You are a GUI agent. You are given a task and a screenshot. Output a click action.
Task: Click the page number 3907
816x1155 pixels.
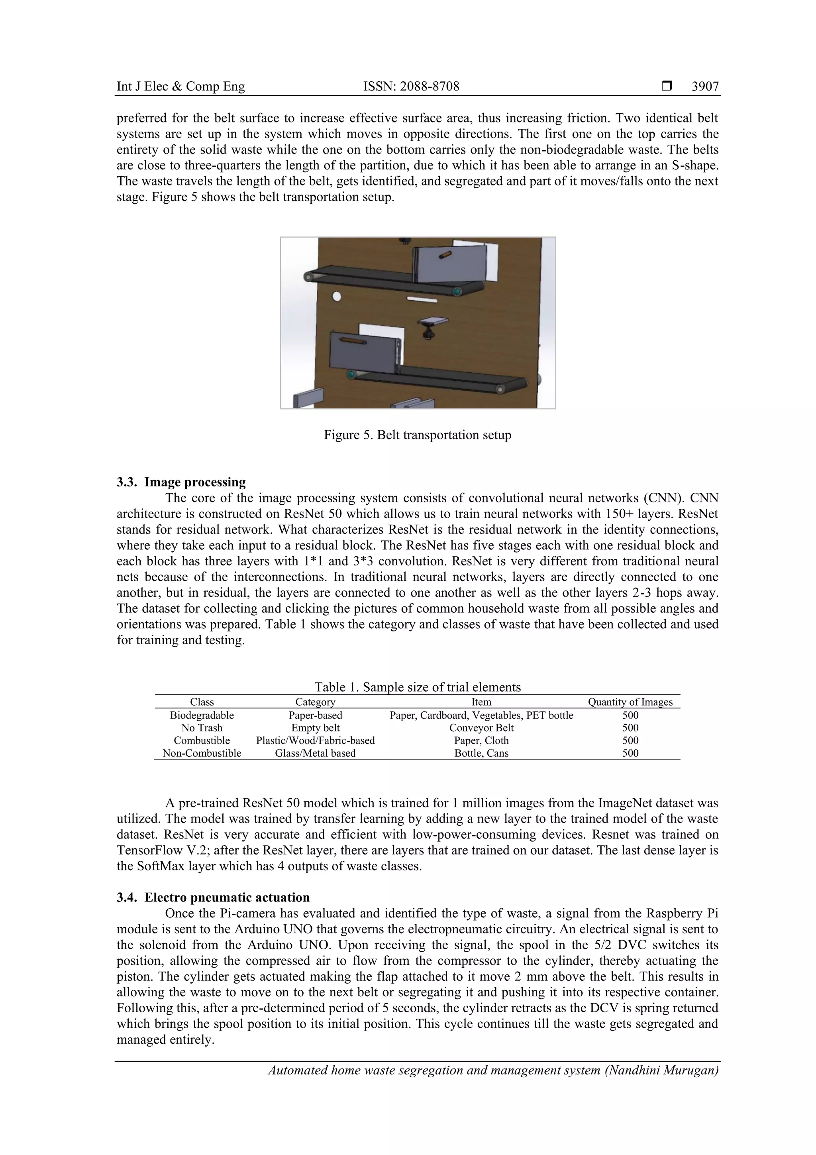tap(704, 87)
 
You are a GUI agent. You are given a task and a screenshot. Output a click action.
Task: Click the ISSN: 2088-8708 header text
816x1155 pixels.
tap(411, 87)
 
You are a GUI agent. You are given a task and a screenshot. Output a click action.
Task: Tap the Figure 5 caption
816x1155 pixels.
tap(417, 435)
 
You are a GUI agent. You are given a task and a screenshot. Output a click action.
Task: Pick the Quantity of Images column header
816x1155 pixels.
tap(630, 702)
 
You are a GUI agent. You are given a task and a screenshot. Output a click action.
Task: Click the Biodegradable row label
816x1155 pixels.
tap(202, 715)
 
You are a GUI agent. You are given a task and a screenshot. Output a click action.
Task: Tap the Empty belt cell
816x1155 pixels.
tap(315, 728)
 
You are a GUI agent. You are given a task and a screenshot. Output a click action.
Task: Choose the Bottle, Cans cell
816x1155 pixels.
tap(481, 753)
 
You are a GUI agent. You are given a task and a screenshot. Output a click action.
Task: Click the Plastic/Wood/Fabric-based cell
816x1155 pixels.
tap(315, 740)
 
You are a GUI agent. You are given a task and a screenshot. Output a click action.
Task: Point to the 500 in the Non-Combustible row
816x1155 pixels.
tap(630, 753)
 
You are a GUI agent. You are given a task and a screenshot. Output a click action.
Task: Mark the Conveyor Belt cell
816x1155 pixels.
tap(481, 728)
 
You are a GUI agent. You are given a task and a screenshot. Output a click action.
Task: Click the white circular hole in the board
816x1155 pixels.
tap(337, 296)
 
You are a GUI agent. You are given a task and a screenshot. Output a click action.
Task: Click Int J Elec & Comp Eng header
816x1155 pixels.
tap(180, 87)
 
